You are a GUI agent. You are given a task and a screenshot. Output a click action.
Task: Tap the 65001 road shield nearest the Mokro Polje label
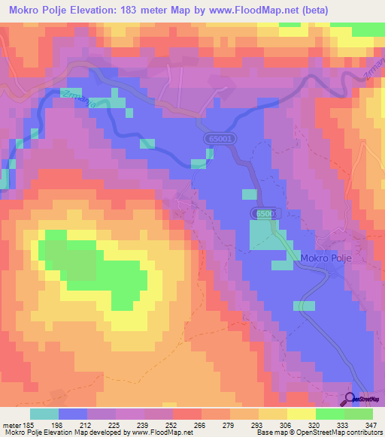coord(263,215)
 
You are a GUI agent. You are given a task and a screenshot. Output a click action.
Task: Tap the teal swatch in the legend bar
coord(44,414)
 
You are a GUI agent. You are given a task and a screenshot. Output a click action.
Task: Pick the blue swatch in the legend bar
coord(73,414)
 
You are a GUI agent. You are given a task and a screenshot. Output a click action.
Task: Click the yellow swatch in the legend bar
coord(301,414)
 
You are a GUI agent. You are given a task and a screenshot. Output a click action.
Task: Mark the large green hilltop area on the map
coord(98,267)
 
